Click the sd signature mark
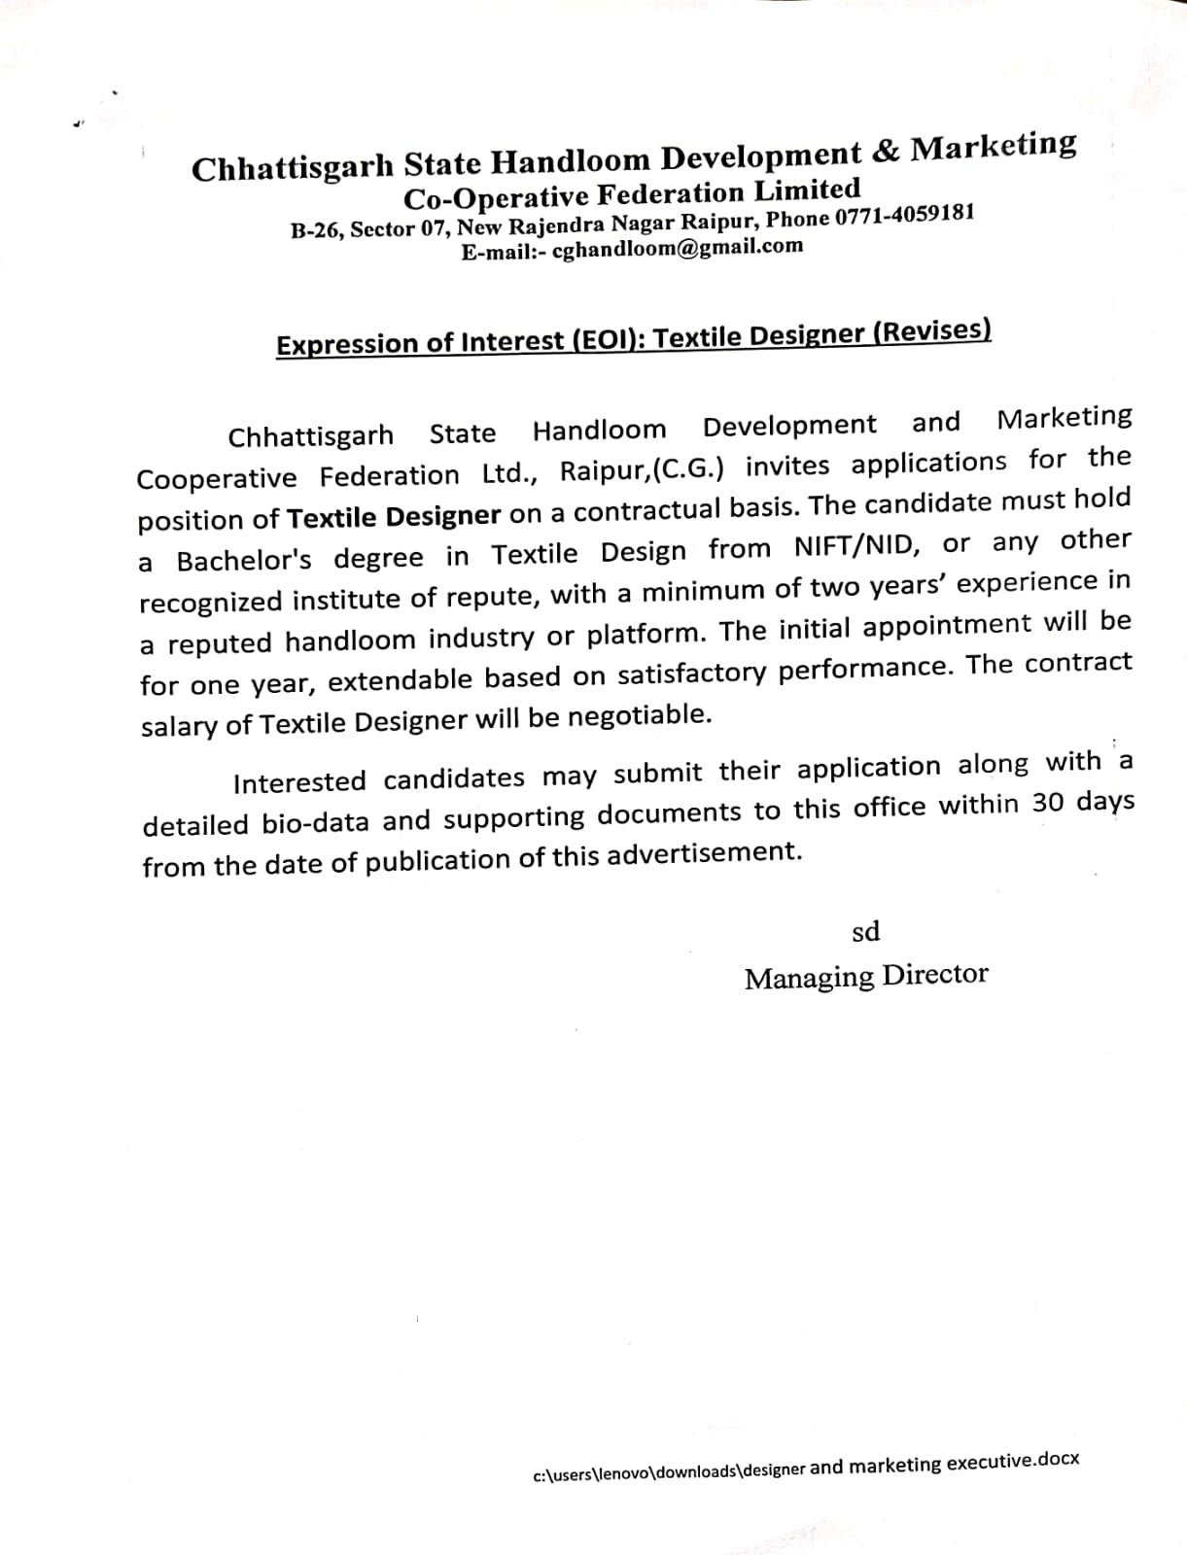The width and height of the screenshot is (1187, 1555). (x=865, y=932)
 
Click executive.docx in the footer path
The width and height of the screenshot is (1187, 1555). (x=1012, y=1462)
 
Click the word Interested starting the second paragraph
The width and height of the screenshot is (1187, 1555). (x=299, y=781)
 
